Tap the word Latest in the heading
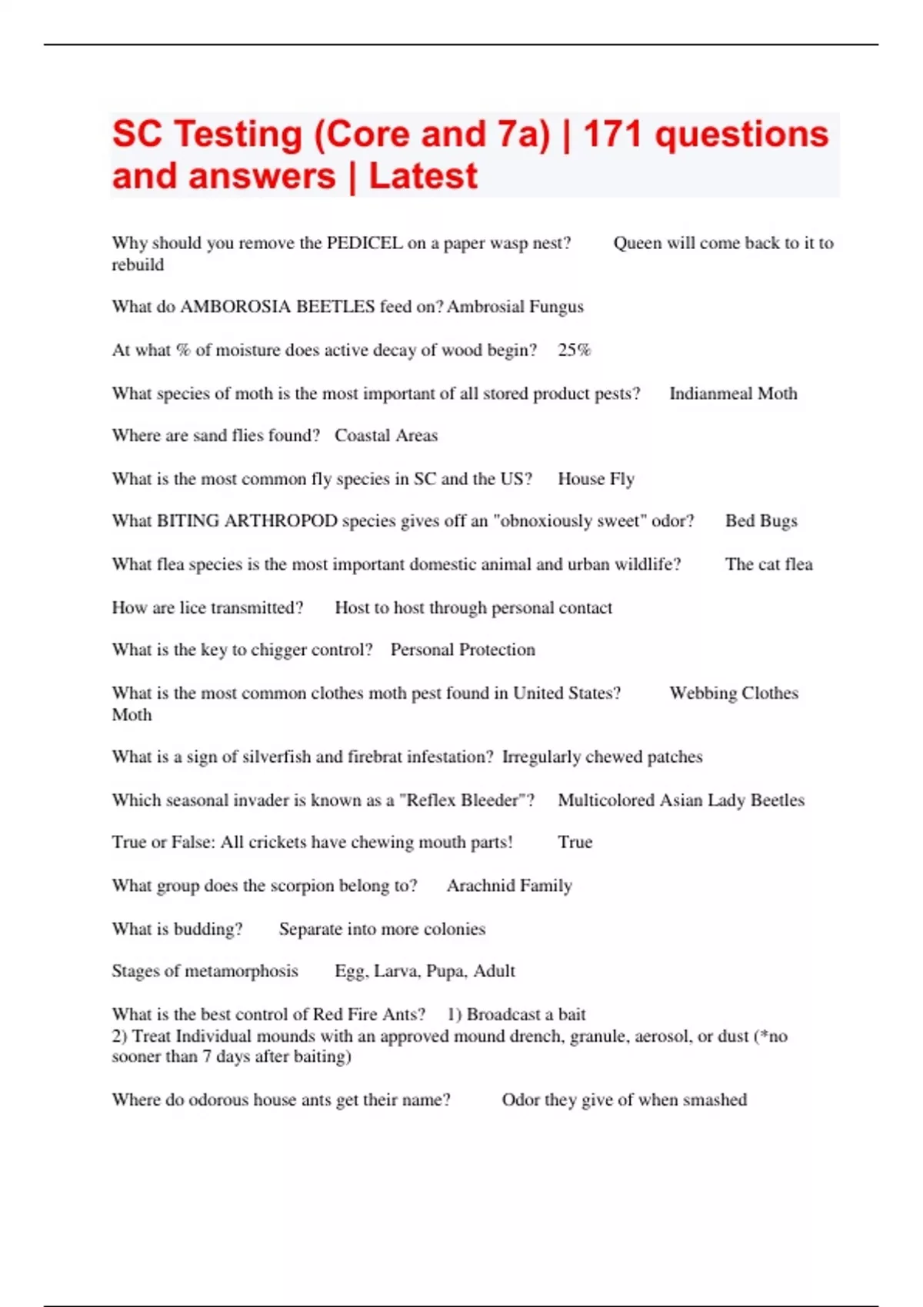pos(423,176)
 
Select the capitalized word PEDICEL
pos(364,243)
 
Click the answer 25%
pos(574,350)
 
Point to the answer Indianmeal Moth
pos(733,394)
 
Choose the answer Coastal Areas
pos(386,435)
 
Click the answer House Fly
pos(596,479)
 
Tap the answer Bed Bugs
pos(761,520)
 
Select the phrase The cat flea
pos(768,564)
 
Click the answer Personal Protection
pos(462,650)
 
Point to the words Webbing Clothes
pos(734,693)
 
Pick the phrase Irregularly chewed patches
pos(602,757)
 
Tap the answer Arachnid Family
pos(509,886)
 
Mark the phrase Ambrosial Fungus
pos(515,307)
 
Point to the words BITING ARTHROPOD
pos(247,520)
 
